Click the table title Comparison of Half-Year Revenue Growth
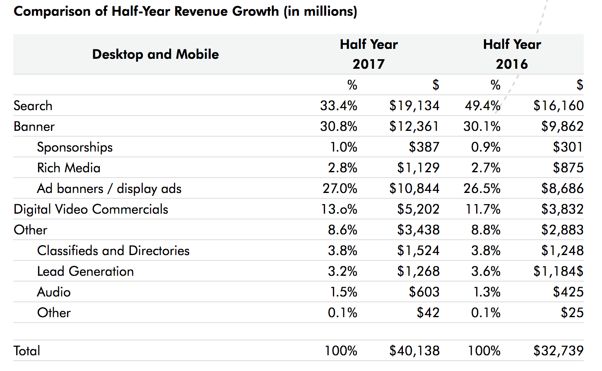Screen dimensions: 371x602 (x=185, y=11)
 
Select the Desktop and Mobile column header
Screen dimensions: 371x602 (x=155, y=54)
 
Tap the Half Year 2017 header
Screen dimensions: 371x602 (x=368, y=54)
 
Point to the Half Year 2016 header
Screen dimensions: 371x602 (x=512, y=54)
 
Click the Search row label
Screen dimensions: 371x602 (x=33, y=106)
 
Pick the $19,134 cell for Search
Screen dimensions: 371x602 (x=414, y=106)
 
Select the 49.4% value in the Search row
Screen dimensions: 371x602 (x=482, y=106)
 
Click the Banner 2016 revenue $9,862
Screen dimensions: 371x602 (x=562, y=126)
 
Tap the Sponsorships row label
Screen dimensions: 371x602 (x=75, y=147)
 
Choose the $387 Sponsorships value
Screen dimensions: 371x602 (x=424, y=147)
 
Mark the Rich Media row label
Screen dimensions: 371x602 (x=69, y=168)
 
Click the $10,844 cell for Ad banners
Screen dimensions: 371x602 (x=414, y=188)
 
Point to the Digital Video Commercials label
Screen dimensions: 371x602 (x=91, y=209)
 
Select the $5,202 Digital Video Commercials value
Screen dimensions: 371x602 (x=418, y=209)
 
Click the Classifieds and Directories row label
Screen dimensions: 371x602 (x=113, y=251)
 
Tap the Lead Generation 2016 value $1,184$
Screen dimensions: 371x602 (x=558, y=271)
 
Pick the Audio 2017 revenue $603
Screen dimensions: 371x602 (x=424, y=292)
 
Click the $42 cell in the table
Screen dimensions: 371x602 (x=428, y=313)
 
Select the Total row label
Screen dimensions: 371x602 (x=27, y=351)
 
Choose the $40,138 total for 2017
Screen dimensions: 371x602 (x=414, y=351)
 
